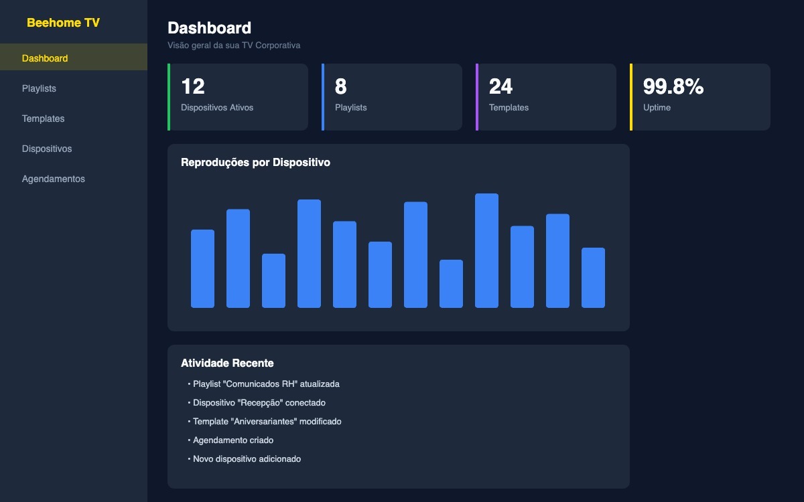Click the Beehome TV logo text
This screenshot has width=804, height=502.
pos(63,23)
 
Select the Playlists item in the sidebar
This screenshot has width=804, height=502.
pos(39,88)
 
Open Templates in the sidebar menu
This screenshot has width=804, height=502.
pos(43,118)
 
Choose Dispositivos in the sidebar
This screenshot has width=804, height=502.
pos(47,149)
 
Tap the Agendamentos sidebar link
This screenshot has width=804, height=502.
pos(54,179)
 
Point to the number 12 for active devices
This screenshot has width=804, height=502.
pos(193,86)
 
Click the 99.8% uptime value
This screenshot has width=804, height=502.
pos(673,86)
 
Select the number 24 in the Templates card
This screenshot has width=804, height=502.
pos(500,86)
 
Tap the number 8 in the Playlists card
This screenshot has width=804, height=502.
pos(340,86)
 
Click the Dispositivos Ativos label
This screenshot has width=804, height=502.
pos(217,107)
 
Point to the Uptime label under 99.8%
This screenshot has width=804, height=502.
pos(657,107)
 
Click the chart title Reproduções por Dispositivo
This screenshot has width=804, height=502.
pos(255,163)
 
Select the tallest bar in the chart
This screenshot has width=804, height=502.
pos(486,250)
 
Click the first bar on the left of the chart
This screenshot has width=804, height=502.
pos(202,268)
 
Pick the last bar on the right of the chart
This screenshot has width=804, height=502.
pos(593,278)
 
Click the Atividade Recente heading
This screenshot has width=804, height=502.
pos(227,363)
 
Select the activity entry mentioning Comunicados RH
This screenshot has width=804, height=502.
pos(266,384)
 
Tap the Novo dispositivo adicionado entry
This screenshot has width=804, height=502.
pos(247,459)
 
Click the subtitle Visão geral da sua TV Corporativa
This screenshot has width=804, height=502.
pos(234,46)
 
